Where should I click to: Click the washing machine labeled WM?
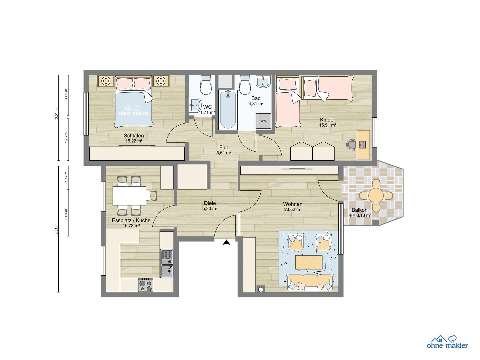pos(264,121)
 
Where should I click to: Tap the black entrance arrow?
pos(227,242)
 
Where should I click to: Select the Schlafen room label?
pos(134,136)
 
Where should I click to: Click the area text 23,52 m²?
pos(292,209)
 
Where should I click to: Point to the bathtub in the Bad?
pos(228,110)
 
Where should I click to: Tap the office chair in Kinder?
pos(351,145)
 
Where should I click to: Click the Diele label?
pos(210,203)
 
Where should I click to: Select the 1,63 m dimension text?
pos(66,94)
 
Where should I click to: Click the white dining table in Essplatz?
pos(129,195)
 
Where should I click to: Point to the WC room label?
pos(207,107)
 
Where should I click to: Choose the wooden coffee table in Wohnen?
pos(309,263)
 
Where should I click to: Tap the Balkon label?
pos(360,210)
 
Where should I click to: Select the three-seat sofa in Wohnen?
pos(310,283)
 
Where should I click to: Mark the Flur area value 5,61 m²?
pos(224,153)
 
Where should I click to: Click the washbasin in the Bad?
pos(264,82)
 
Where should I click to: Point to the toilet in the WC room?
pos(206,85)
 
